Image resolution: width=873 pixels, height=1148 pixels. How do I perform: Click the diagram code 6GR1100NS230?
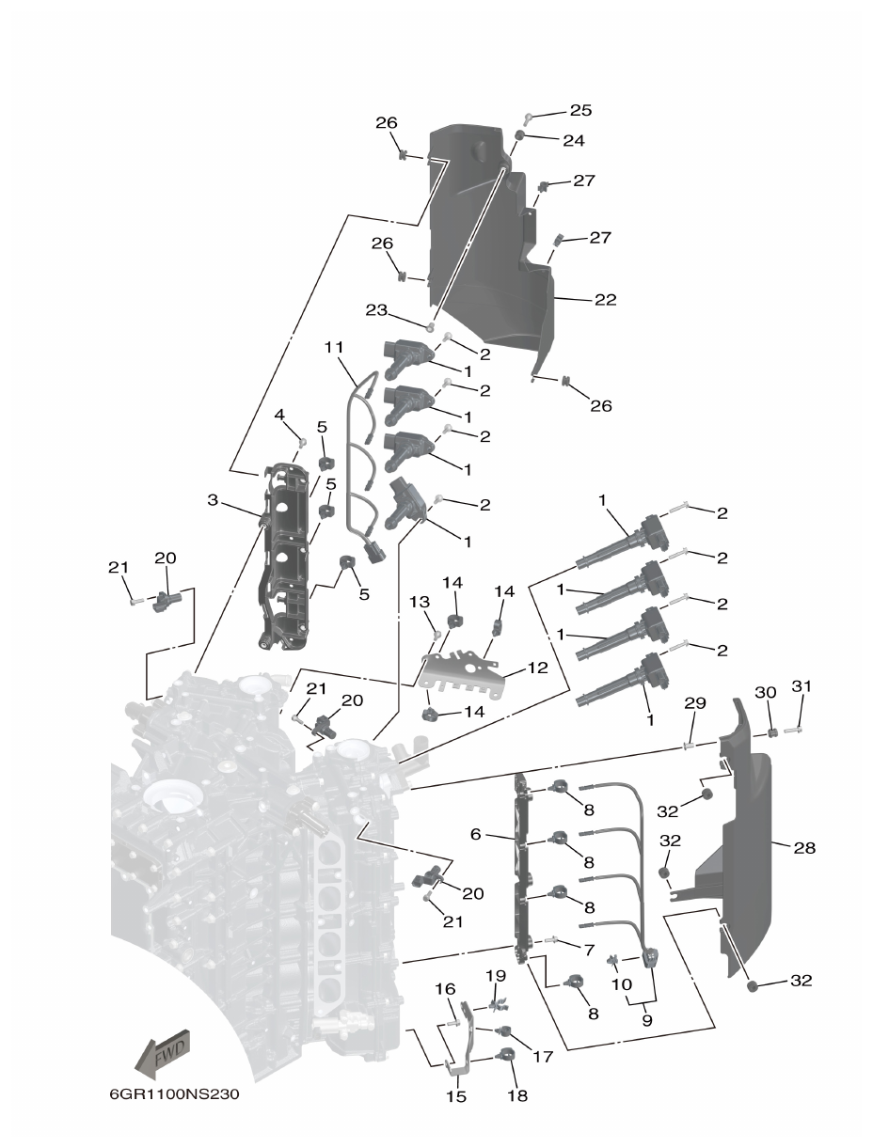point(167,1096)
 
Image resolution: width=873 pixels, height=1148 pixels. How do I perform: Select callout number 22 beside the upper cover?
point(606,300)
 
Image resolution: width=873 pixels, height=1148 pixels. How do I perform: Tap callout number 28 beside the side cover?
point(804,848)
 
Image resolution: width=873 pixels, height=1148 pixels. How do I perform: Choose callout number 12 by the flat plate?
point(536,668)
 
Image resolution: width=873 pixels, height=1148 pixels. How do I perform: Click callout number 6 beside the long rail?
point(476,834)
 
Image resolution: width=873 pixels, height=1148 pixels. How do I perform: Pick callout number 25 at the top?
point(580,110)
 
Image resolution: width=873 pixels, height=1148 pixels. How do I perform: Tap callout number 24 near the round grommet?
point(574,140)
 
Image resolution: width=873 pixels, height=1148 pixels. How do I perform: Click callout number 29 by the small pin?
point(694,703)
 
